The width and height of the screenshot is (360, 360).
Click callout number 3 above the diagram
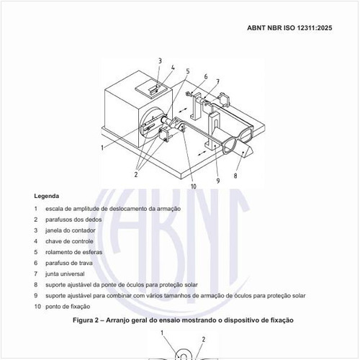(160, 61)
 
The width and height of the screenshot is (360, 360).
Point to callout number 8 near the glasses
(235, 174)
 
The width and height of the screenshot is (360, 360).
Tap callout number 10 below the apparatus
(193, 186)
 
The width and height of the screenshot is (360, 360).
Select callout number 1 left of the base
(103, 147)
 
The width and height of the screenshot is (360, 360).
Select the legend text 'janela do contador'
(70, 230)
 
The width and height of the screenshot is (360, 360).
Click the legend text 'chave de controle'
(69, 241)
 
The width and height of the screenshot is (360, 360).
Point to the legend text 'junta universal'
(66, 274)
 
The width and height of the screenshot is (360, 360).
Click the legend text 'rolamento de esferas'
(73, 252)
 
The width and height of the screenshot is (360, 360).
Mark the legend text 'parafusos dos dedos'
(73, 220)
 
